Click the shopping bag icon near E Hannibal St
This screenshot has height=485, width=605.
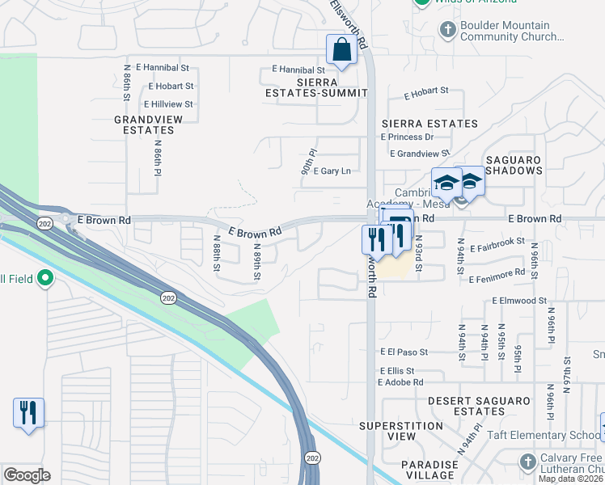[x=341, y=49]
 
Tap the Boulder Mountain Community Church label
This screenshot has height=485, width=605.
[x=511, y=32]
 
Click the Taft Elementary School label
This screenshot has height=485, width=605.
[x=544, y=435]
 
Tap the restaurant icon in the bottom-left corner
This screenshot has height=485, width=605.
[x=28, y=412]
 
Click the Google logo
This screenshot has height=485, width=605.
[x=27, y=475]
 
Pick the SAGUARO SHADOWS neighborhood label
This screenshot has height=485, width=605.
[x=514, y=165]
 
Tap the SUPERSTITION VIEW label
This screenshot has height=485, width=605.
[x=401, y=431]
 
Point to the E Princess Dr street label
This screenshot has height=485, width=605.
[x=412, y=137]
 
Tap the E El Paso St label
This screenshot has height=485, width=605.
[x=404, y=352]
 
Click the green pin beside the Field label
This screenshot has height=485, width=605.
[x=45, y=280]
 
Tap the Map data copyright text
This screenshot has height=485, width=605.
[x=571, y=479]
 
